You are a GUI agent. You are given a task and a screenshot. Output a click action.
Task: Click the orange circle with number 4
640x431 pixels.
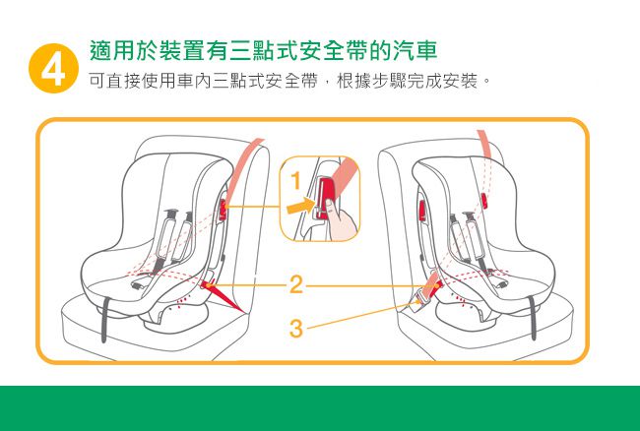[53, 68]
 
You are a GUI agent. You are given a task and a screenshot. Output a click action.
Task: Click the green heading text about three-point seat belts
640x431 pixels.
[264, 51]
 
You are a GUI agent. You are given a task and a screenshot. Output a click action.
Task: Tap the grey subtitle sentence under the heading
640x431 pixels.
[289, 81]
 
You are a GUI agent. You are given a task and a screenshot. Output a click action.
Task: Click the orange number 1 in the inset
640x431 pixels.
[296, 181]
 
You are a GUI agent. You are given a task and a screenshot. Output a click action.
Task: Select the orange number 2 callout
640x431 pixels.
[296, 284]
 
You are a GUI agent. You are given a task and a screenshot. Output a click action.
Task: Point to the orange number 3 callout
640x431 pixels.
[296, 329]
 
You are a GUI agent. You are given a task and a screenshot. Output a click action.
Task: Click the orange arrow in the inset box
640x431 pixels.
[300, 206]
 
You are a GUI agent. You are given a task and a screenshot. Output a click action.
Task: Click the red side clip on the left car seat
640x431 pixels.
[223, 210]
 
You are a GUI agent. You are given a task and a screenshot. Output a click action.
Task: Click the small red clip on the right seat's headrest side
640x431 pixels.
[484, 200]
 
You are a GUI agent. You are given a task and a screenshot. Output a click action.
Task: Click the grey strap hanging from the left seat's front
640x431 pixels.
[105, 320]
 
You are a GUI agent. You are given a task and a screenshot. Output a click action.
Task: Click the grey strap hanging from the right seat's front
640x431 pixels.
[533, 318]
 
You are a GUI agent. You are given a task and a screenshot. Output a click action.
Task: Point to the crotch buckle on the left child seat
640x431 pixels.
[139, 284]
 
